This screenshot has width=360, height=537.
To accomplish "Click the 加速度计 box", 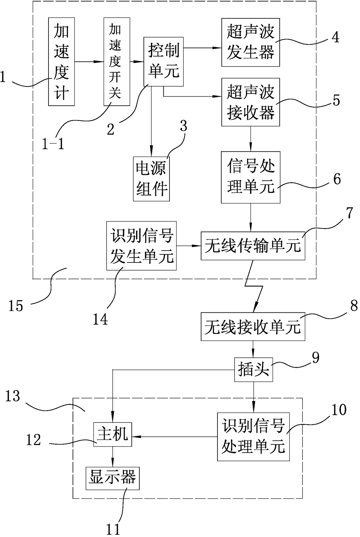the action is [x=61, y=62].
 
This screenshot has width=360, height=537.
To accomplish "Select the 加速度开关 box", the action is [x=117, y=62].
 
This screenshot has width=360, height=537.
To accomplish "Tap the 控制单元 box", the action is [x=164, y=62].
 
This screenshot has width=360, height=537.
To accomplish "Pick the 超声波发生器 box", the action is [x=251, y=42].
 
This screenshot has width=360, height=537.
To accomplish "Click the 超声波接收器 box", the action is [x=251, y=102].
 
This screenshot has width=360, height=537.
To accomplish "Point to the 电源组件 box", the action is [x=151, y=179].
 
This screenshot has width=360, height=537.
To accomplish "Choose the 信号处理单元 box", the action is [x=251, y=177].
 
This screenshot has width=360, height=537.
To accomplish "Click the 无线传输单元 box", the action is [x=253, y=246].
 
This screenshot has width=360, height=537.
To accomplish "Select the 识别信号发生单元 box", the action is [x=141, y=246].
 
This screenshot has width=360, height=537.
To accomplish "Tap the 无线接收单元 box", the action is [x=253, y=327].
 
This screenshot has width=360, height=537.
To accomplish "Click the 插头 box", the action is [x=253, y=370].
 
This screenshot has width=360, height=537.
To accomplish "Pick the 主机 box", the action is [x=113, y=434].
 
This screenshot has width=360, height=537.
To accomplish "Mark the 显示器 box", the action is [x=113, y=478].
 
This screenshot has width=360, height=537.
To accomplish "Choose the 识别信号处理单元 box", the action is [x=253, y=437].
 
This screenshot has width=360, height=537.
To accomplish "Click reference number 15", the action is [x=16, y=306].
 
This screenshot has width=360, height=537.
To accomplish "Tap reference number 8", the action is [x=354, y=306].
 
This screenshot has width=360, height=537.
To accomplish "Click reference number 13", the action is [x=13, y=396].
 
